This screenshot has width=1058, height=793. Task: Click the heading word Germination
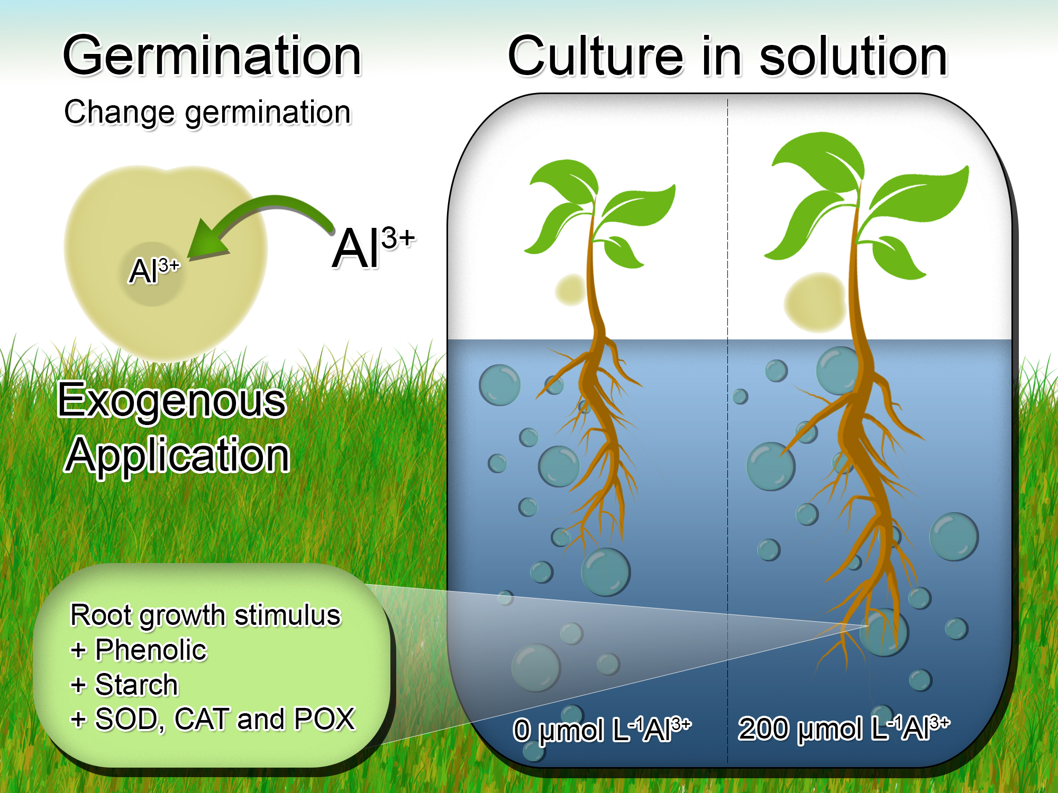pyautogui.click(x=212, y=56)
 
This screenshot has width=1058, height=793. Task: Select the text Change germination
pyautogui.click(x=207, y=113)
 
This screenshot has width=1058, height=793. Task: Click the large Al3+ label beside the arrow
pyautogui.click(x=373, y=247)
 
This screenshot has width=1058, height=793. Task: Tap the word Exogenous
pyautogui.click(x=172, y=400)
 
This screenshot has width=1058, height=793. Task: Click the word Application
pyautogui.click(x=178, y=455)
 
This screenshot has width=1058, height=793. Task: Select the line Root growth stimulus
pyautogui.click(x=206, y=615)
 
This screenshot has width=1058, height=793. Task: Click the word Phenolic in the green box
pyautogui.click(x=151, y=650)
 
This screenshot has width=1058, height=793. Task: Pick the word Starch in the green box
pyautogui.click(x=136, y=685)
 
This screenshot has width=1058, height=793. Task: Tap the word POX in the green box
pyautogui.click(x=324, y=719)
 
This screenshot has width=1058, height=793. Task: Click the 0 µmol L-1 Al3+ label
pyautogui.click(x=602, y=730)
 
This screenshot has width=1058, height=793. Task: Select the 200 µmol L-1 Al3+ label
pyautogui.click(x=844, y=729)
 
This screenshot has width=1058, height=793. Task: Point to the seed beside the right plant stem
pyautogui.click(x=815, y=302)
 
